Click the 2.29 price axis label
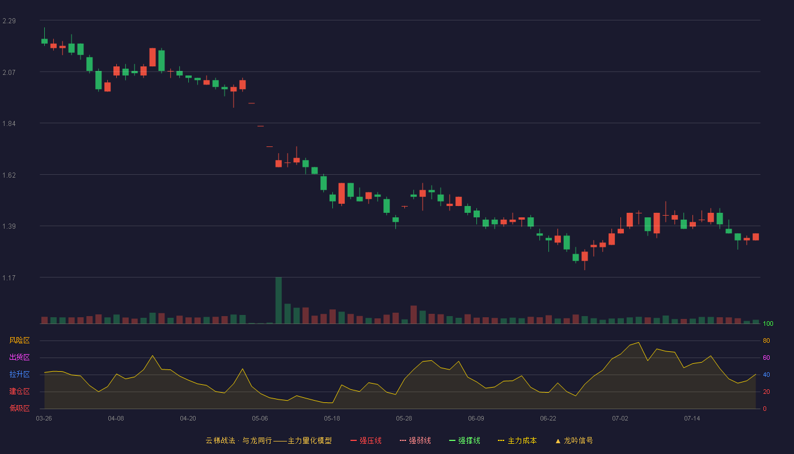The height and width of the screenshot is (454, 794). (9, 21)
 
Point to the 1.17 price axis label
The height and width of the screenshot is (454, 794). (9, 278)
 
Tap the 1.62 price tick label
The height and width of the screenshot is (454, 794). (9, 175)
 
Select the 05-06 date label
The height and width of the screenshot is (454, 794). (260, 419)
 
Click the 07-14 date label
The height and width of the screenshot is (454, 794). (692, 419)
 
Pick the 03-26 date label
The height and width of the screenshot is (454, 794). (44, 419)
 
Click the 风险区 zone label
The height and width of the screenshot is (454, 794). (19, 340)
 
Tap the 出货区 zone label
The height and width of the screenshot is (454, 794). (19, 357)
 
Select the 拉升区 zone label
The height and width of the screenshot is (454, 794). (19, 374)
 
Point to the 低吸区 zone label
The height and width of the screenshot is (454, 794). (19, 408)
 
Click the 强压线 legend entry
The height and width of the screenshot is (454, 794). (366, 440)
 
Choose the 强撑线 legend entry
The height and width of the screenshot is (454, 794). (464, 440)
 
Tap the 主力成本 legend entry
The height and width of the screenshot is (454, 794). (517, 440)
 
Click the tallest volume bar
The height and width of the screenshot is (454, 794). (278, 300)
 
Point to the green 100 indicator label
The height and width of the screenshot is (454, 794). (768, 323)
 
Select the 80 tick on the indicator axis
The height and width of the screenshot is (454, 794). (766, 340)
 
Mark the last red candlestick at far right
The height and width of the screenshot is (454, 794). (755, 237)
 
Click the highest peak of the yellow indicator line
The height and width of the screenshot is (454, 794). (639, 343)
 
